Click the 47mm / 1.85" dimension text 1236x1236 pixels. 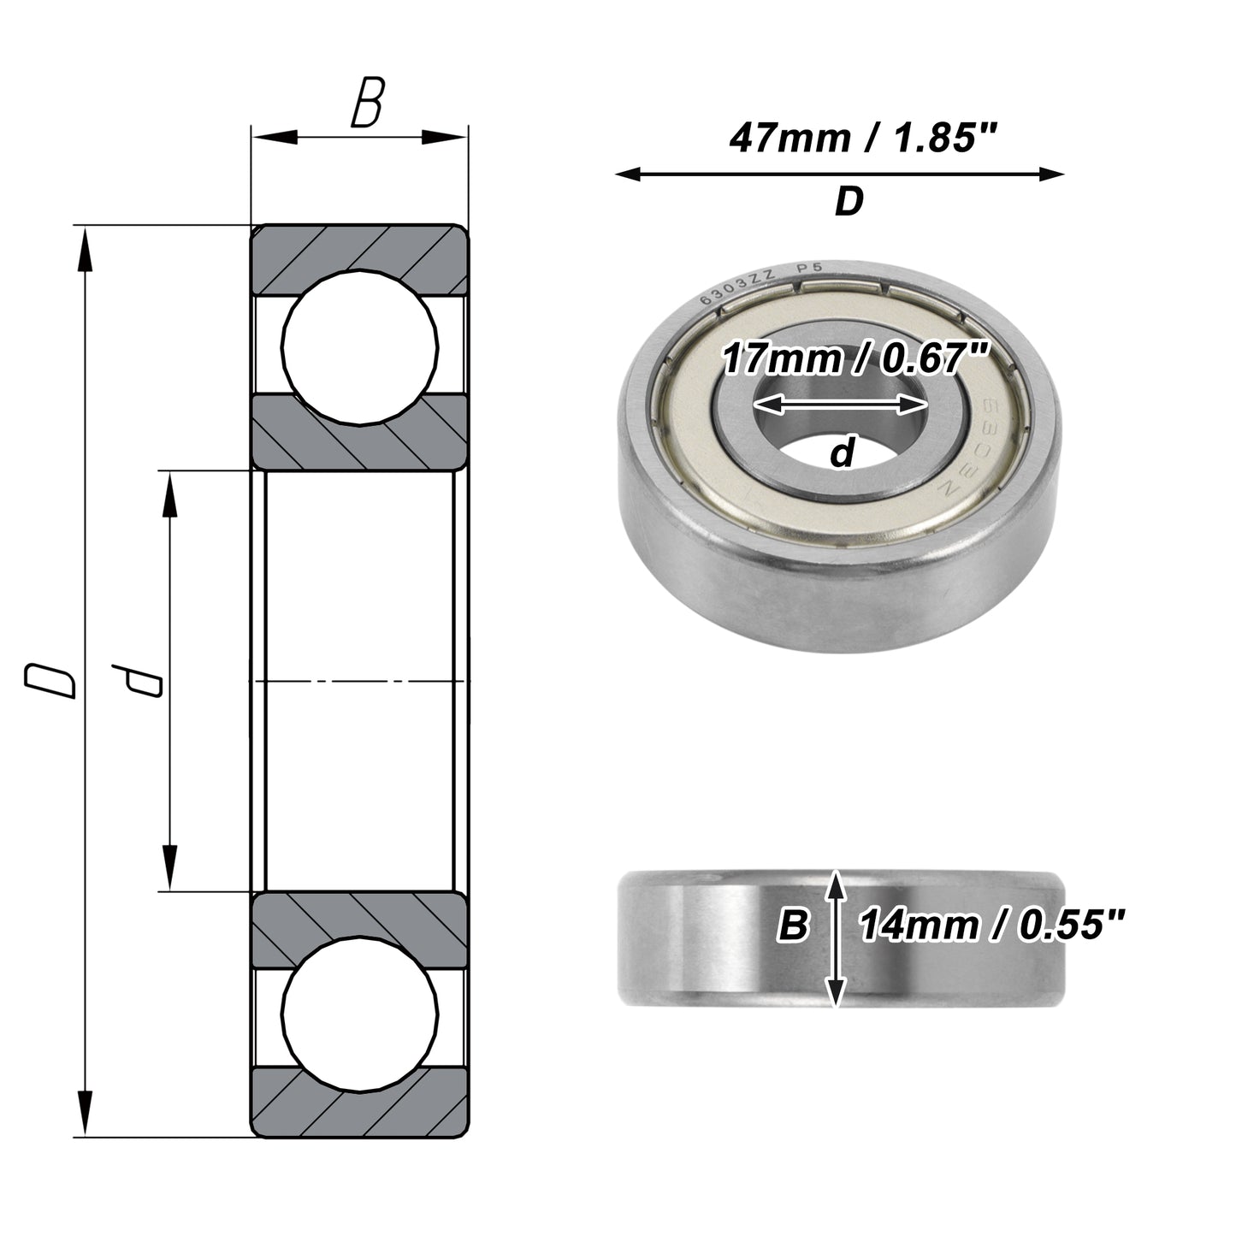coord(863,139)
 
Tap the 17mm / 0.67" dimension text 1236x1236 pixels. coord(856,358)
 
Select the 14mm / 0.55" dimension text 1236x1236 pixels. coord(991,926)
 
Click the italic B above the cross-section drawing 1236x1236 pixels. coord(368,102)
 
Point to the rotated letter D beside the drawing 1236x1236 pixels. coord(50,681)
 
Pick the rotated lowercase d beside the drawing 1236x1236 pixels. coord(137,681)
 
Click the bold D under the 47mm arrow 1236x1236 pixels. coord(849,201)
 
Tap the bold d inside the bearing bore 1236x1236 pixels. coord(843,452)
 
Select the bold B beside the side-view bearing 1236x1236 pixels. coord(794,926)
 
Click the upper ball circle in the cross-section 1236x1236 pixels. coord(360,347)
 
